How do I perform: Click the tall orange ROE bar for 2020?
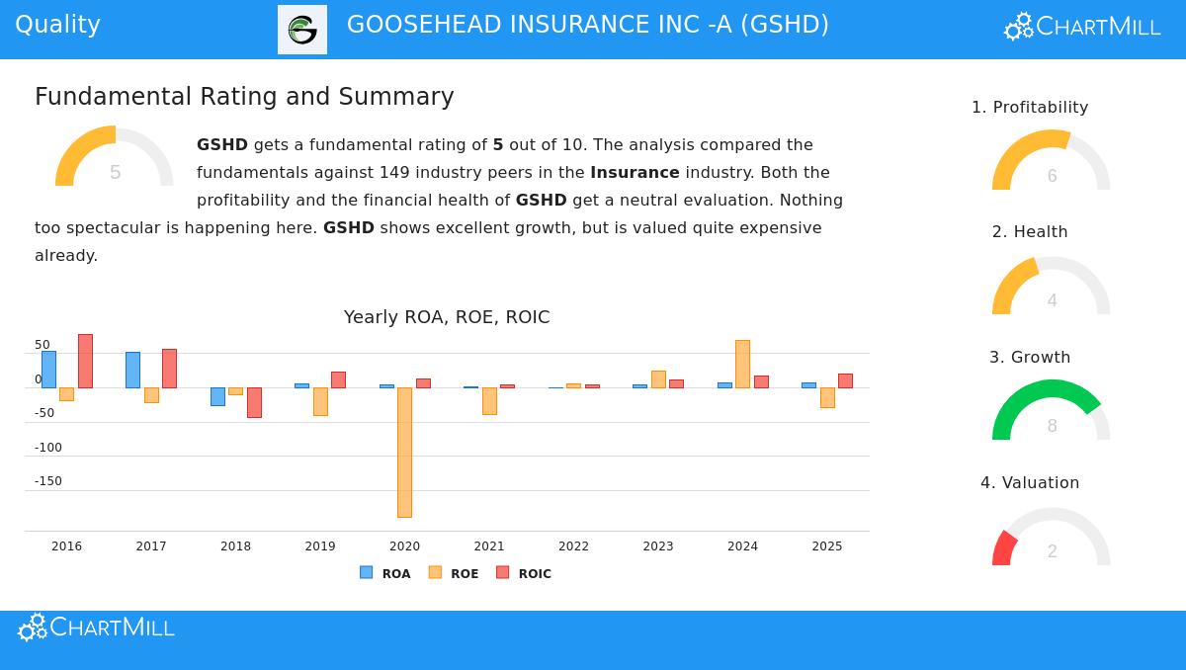click(404, 452)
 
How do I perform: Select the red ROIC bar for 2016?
click(85, 361)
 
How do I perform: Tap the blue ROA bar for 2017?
click(132, 370)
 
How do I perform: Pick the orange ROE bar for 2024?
click(742, 364)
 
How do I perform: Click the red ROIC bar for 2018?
click(254, 402)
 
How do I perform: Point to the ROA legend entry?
click(385, 573)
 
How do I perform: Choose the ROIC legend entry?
click(524, 573)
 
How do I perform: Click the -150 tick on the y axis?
click(47, 481)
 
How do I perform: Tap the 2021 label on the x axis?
click(489, 546)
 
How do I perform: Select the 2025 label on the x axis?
click(827, 546)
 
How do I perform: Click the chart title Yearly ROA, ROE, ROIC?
click(447, 317)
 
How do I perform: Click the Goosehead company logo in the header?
click(302, 30)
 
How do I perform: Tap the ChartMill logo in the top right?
click(1082, 27)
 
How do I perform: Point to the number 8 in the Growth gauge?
click(1052, 426)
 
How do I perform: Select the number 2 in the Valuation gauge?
click(1052, 551)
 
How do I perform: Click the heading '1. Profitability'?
click(1030, 107)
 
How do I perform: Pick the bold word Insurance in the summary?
click(635, 172)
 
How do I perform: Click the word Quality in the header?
click(57, 25)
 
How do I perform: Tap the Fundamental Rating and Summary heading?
click(244, 97)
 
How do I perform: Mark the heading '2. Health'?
click(1030, 231)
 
